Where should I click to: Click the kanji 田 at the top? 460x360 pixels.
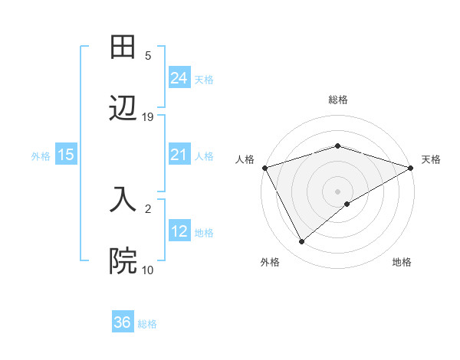click(x=123, y=47)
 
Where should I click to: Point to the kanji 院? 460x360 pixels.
click(x=123, y=260)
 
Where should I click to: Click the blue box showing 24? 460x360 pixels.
click(x=179, y=77)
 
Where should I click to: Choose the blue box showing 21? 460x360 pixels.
click(x=179, y=155)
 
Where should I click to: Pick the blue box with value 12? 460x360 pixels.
click(x=179, y=231)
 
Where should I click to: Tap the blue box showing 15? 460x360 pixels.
click(x=66, y=155)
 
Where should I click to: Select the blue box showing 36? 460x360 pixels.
click(x=123, y=322)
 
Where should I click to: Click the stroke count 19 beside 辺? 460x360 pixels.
click(x=148, y=117)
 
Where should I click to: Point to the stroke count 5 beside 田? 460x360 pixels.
click(x=148, y=56)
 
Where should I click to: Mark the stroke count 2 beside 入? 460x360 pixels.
click(x=148, y=208)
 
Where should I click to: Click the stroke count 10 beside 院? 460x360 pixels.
click(x=148, y=270)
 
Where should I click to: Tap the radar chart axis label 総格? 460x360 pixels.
click(x=338, y=100)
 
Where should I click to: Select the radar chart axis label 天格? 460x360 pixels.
click(x=431, y=159)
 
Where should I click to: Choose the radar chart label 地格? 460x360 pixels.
click(x=402, y=262)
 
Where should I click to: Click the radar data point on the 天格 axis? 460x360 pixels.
click(x=411, y=167)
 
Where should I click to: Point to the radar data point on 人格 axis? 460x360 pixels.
click(x=264, y=167)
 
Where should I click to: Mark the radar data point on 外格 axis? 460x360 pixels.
click(x=302, y=242)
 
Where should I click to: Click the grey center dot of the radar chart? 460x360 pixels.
click(x=338, y=191)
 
